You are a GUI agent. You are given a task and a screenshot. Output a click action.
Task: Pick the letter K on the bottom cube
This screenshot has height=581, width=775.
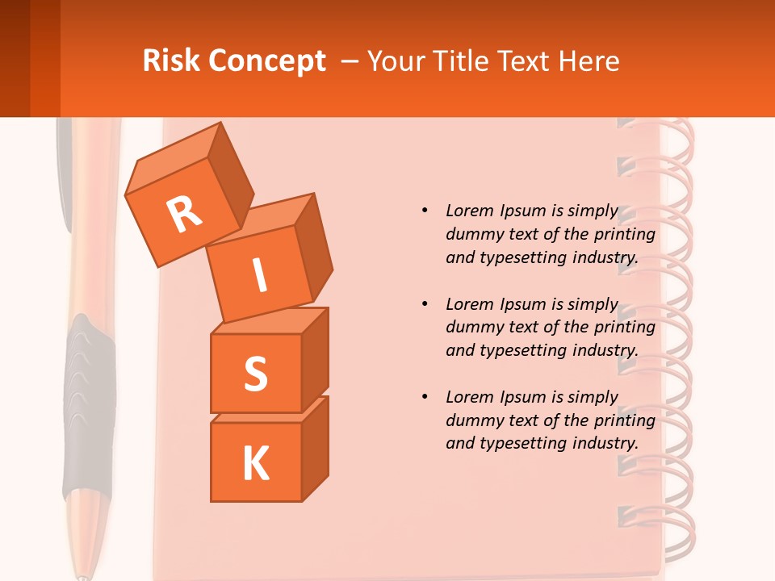pyautogui.click(x=255, y=463)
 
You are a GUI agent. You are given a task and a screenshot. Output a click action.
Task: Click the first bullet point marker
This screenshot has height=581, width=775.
pyautogui.click(x=424, y=211)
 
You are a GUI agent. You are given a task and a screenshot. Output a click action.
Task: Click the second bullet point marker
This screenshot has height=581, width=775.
pyautogui.click(x=424, y=304)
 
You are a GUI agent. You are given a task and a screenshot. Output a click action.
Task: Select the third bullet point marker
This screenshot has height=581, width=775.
pyautogui.click(x=424, y=397)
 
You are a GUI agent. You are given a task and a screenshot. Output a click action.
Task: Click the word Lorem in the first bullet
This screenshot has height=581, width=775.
pyautogui.click(x=470, y=211)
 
